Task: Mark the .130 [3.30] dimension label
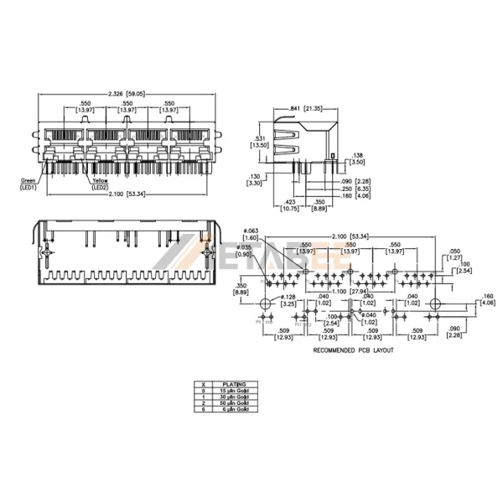pyautogui.click(x=256, y=178)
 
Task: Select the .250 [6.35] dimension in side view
pyautogui.click(x=355, y=189)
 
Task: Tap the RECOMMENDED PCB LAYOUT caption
pyautogui.click(x=352, y=350)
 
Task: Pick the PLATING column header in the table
pyautogui.click(x=234, y=384)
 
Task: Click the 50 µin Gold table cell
pyautogui.click(x=234, y=403)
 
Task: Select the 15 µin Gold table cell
pyautogui.click(x=234, y=391)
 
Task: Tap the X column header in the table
pyautogui.click(x=202, y=384)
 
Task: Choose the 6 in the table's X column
pyautogui.click(x=202, y=410)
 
